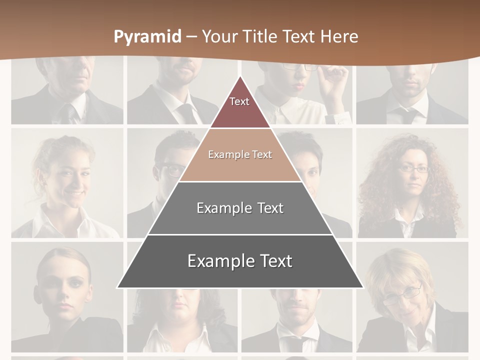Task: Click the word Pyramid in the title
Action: [x=147, y=37]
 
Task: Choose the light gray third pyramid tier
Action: [x=240, y=208]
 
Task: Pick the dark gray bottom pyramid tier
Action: [x=240, y=261]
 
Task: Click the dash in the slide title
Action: [x=191, y=37]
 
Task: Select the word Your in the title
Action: [x=218, y=36]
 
